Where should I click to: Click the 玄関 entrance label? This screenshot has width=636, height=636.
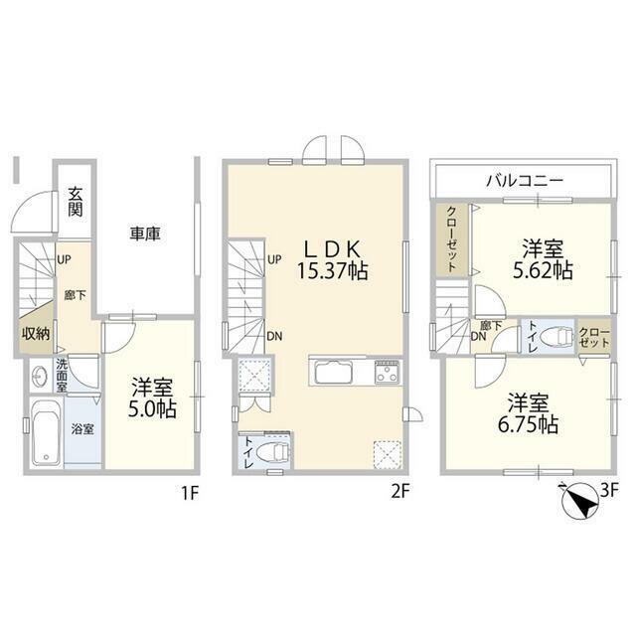[76, 202]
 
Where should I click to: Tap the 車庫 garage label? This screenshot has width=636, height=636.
[145, 234]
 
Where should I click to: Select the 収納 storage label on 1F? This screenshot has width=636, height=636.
[36, 334]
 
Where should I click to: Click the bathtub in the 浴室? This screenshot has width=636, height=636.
[46, 433]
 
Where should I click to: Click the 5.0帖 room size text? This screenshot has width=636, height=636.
[152, 409]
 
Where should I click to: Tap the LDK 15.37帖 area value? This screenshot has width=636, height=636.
[333, 271]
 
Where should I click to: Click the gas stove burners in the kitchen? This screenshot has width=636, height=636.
[388, 372]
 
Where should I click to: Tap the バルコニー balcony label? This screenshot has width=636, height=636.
[525, 180]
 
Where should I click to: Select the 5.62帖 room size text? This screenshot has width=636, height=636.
[543, 270]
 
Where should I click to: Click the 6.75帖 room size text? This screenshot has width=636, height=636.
[528, 424]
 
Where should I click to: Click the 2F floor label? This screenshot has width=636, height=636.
[399, 492]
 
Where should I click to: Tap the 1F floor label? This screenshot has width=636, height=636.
[190, 493]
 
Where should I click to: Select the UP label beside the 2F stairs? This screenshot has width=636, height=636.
[274, 259]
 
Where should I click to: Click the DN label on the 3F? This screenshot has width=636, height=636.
[479, 336]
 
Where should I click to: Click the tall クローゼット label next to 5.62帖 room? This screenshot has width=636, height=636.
[452, 239]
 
